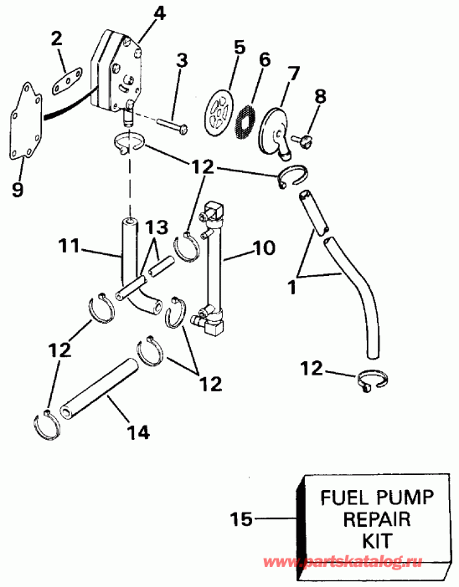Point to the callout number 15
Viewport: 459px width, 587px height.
click(x=240, y=519)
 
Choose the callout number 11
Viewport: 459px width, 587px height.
click(x=70, y=247)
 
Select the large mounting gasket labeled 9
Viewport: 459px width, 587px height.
click(x=32, y=126)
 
